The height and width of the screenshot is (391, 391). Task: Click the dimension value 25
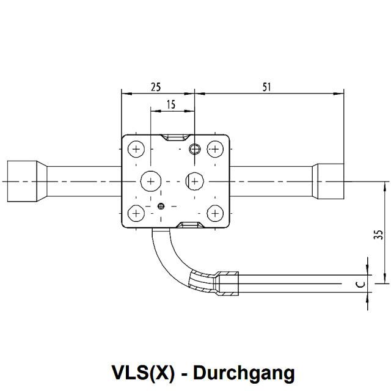(156, 87)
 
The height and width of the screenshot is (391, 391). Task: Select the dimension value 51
(266, 87)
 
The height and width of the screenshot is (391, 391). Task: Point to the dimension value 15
(171, 104)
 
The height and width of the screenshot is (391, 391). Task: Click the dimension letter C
(360, 284)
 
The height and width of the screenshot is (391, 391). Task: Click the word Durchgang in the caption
(244, 373)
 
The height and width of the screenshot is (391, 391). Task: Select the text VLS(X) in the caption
(143, 373)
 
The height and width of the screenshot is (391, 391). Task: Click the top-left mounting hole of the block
(136, 149)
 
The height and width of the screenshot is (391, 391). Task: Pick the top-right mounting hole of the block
(215, 149)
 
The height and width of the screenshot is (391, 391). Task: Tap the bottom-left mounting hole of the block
(136, 213)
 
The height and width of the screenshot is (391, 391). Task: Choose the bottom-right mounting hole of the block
(215, 213)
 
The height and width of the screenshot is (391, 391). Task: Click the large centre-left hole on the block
(151, 181)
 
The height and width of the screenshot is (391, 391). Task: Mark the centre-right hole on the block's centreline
(194, 181)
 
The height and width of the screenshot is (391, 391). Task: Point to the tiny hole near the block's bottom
(161, 206)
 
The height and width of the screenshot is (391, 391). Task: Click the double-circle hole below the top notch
(195, 149)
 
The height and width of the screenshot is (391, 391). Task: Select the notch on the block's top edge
(175, 137)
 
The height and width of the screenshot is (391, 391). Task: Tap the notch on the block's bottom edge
(190, 225)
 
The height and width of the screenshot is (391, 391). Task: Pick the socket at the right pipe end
(328, 181)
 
